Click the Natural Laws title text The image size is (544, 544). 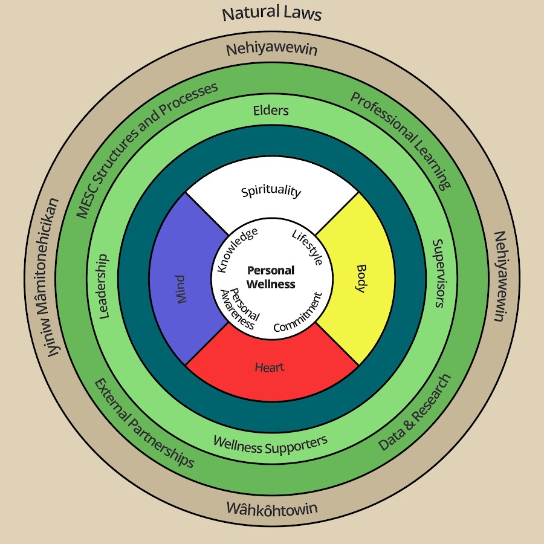point(271,13)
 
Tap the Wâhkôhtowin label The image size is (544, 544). point(271,508)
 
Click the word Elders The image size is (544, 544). point(271,111)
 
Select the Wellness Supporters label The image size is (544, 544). point(270,444)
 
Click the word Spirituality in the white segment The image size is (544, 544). point(271,192)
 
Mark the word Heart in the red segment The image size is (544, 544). point(270,367)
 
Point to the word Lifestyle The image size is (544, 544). point(307,248)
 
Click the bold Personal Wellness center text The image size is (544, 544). point(271,277)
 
